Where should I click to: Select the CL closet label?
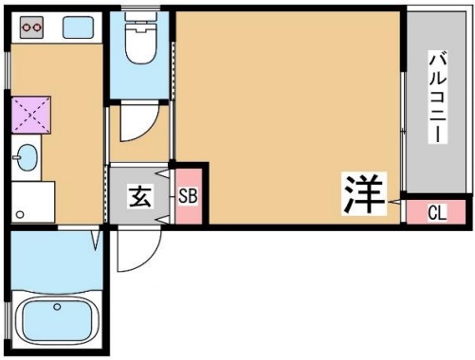pyautogui.click(x=437, y=212)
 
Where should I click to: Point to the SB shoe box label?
pyautogui.click(x=188, y=197)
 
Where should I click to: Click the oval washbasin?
pyautogui.click(x=26, y=155)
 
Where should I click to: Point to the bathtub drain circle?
pyautogui.click(x=57, y=307)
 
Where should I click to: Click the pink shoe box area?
pyautogui.click(x=188, y=196)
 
